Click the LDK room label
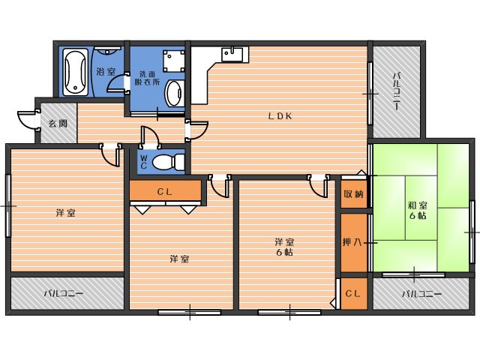[280, 116]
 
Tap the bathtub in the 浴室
[75, 73]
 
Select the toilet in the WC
[168, 162]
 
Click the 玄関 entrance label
[58, 124]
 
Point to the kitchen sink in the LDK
[232, 55]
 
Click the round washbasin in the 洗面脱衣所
[175, 93]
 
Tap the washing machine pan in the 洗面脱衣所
[174, 61]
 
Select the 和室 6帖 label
[418, 210]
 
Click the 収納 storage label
[353, 194]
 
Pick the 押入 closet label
[352, 242]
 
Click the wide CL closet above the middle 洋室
[165, 190]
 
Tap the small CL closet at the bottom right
[354, 293]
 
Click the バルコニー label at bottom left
[64, 294]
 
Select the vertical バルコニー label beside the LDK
[397, 91]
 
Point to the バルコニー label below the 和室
[421, 294]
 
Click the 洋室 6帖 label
[284, 247]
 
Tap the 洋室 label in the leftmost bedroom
[66, 213]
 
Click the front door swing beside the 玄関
[28, 121]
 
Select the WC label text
[143, 162]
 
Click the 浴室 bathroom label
[106, 72]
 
